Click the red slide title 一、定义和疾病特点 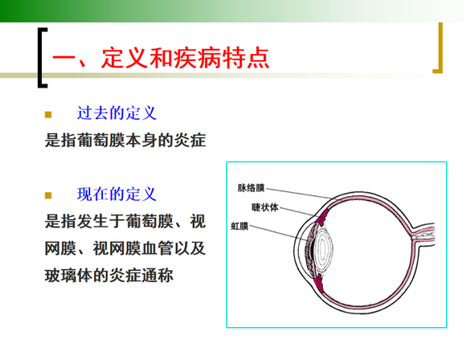pos(161,58)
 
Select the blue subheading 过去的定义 pos(117,113)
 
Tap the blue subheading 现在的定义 pos(117,194)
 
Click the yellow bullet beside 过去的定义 pos(48,114)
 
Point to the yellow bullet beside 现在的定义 pos(48,195)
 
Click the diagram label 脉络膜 pos(251,188)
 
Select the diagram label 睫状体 pos(264,207)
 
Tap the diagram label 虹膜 pos(240,226)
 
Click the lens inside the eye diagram pos(323,248)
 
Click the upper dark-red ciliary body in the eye pos(321,217)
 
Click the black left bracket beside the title pos(43,58)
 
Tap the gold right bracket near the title pos(440,48)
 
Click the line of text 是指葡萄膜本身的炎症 pos(125,141)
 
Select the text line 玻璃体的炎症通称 pos(109,276)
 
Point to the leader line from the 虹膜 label pos(278,233)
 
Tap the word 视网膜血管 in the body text pos(133,248)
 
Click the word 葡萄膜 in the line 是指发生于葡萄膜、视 pos(149,221)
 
